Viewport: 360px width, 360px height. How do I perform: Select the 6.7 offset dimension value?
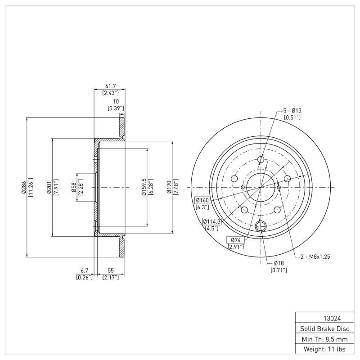84,271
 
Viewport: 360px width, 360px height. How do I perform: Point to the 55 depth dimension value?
110,271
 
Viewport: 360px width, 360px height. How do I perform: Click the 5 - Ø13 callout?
292,110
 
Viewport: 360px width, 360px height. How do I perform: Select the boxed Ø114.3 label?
211,221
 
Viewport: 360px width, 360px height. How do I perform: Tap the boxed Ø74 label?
235,240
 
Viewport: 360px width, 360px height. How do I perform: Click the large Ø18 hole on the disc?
261,227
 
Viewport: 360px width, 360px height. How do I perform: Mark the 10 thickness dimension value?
116,101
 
